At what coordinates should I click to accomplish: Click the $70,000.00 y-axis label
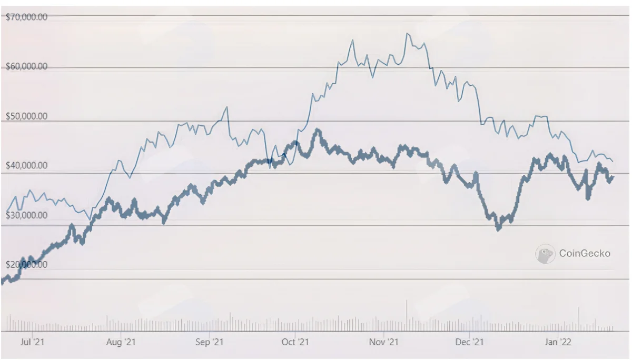point(26,17)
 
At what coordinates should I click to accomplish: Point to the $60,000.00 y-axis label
point(26,66)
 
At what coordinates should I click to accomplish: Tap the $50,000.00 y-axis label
point(26,116)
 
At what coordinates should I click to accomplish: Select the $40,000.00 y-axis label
point(26,165)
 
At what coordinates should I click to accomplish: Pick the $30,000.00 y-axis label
point(26,215)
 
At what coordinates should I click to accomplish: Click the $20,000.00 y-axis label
point(26,265)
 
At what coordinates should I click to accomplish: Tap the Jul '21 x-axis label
point(33,342)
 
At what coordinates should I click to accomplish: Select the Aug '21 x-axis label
point(121,342)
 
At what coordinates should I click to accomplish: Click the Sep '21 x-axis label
point(210,342)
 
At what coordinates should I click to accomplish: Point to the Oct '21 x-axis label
point(295,342)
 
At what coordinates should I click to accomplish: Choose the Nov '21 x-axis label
point(384,342)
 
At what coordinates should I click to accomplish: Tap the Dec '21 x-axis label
point(469,342)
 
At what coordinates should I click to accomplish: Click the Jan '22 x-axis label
point(558,342)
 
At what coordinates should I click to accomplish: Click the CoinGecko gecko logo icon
point(545,254)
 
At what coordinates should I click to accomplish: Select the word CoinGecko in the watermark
point(585,254)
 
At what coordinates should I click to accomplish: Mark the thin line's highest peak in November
point(407,34)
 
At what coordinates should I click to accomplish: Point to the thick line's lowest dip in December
point(499,229)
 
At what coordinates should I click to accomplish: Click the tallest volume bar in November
point(407,315)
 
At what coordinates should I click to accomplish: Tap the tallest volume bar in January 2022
point(579,319)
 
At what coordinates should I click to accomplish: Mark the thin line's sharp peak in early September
point(226,107)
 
